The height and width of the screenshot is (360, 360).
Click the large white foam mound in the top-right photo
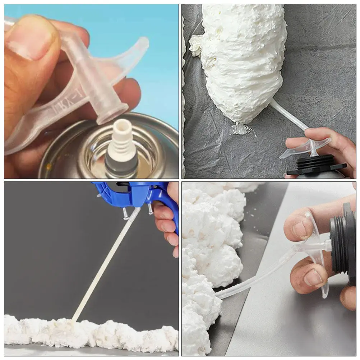[x=241, y=57]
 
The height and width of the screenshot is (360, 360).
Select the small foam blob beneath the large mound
[x=241, y=128]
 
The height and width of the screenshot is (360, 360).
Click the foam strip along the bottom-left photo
[x=90, y=331]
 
